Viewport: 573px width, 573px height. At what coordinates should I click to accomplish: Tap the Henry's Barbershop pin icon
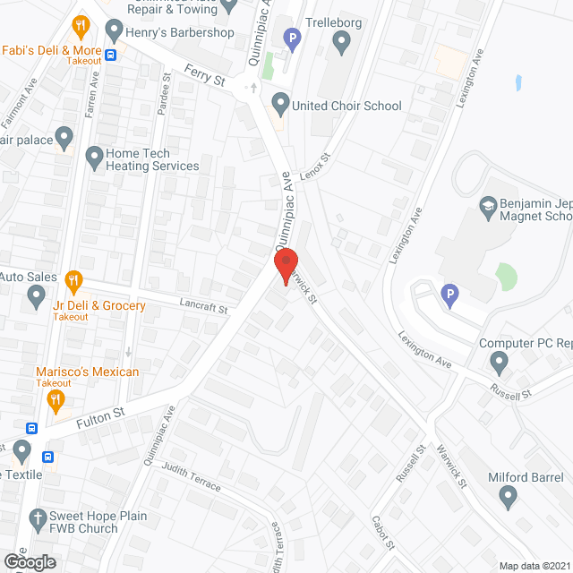(114, 32)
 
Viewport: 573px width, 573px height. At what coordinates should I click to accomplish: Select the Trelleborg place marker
(341, 40)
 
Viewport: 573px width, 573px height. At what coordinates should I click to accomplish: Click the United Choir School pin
(281, 105)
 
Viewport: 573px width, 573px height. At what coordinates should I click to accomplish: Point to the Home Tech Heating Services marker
(94, 159)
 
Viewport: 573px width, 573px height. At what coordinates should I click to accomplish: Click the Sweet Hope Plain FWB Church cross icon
(38, 518)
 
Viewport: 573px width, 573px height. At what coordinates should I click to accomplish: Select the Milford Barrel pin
(508, 495)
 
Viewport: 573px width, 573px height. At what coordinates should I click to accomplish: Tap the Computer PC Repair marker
(500, 362)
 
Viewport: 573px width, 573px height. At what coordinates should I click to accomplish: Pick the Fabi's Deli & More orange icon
(81, 26)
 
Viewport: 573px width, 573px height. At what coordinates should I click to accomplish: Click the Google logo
(29, 560)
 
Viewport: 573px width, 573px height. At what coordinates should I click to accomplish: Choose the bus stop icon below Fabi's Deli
(111, 55)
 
